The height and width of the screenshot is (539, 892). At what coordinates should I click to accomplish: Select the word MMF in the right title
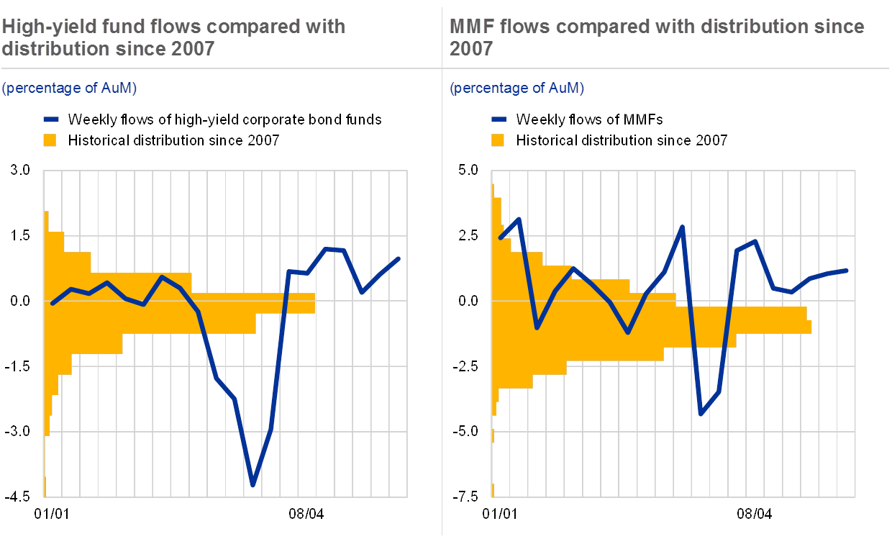click(471, 27)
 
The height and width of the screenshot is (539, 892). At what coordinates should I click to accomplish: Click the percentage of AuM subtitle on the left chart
click(69, 88)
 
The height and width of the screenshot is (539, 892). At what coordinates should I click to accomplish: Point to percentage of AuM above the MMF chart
click(516, 88)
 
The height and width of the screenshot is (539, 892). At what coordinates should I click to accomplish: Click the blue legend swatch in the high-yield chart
click(52, 119)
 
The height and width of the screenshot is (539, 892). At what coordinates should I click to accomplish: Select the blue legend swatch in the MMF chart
click(500, 119)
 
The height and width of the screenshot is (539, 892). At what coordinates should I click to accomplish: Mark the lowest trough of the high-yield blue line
click(253, 485)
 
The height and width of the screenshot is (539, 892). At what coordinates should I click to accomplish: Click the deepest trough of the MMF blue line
click(701, 415)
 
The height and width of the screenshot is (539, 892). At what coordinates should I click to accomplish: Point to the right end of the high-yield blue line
click(399, 258)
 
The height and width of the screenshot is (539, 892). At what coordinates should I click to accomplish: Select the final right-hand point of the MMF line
click(847, 271)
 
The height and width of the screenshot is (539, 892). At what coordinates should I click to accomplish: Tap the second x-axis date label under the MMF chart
click(753, 513)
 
